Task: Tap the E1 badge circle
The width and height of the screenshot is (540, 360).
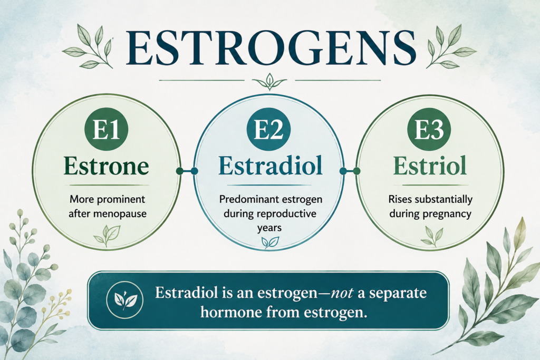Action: (x=106, y=130)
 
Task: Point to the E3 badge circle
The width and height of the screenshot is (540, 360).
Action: (x=429, y=130)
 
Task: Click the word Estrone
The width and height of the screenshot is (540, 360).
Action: (x=106, y=166)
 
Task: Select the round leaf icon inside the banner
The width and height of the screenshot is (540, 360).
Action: (x=124, y=300)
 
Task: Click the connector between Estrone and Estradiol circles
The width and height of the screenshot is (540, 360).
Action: (x=187, y=171)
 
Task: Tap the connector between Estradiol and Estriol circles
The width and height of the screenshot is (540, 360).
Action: (x=350, y=171)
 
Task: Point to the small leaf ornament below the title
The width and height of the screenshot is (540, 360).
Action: (x=269, y=81)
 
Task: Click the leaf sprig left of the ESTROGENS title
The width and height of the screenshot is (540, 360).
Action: (x=89, y=46)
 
